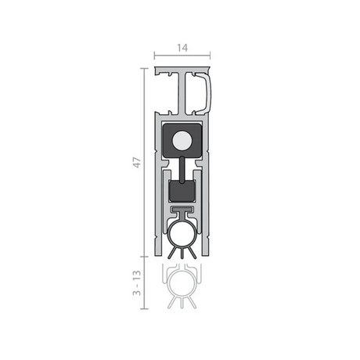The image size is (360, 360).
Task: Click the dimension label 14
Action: click(182, 48)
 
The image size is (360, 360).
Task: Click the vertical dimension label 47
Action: click(137, 163)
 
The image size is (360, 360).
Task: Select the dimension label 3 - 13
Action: click(137, 283)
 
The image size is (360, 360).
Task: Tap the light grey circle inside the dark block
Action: click(182, 140)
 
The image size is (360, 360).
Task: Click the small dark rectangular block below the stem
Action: click(182, 192)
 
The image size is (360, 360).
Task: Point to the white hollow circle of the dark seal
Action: click(182, 234)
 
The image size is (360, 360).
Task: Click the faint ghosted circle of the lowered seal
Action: click(182, 283)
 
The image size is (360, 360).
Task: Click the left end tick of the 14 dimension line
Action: click(154, 56)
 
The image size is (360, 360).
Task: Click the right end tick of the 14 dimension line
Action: click(210, 56)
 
